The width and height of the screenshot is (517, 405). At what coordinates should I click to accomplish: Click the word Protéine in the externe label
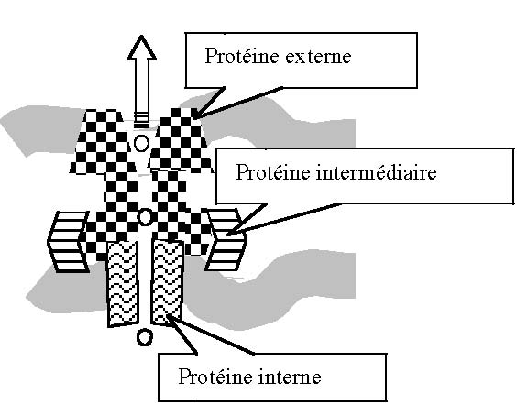pos(242,56)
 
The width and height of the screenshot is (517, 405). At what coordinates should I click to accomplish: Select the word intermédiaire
pos(376,172)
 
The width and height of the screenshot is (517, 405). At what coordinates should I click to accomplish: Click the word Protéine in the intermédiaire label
pos(273,172)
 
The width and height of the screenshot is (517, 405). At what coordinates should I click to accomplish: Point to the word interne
pos(290,377)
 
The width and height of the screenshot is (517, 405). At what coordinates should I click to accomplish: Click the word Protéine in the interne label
pos(215,377)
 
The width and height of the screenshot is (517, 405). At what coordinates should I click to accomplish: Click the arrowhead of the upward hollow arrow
pos(142,48)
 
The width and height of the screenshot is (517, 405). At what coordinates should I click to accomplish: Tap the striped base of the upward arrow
pos(142,120)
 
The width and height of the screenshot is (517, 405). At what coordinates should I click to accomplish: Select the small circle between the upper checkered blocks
pos(142,143)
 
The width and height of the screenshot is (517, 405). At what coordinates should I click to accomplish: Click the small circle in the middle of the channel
pos(145,217)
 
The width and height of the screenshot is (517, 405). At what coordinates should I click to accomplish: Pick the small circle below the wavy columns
pos(145,337)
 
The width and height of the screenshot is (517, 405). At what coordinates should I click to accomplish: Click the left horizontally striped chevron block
pos(69,242)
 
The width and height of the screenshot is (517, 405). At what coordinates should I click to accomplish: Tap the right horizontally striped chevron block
pos(225,239)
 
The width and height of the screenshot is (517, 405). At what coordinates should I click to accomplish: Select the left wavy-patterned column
pos(122,283)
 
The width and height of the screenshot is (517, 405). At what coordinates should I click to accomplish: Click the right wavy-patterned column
pos(167,282)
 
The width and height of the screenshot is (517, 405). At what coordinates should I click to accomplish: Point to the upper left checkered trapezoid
pos(103,142)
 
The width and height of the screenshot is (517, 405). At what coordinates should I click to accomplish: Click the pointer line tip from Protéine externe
pos(192,118)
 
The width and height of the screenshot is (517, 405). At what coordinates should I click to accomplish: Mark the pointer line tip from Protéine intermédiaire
pos(226,235)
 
